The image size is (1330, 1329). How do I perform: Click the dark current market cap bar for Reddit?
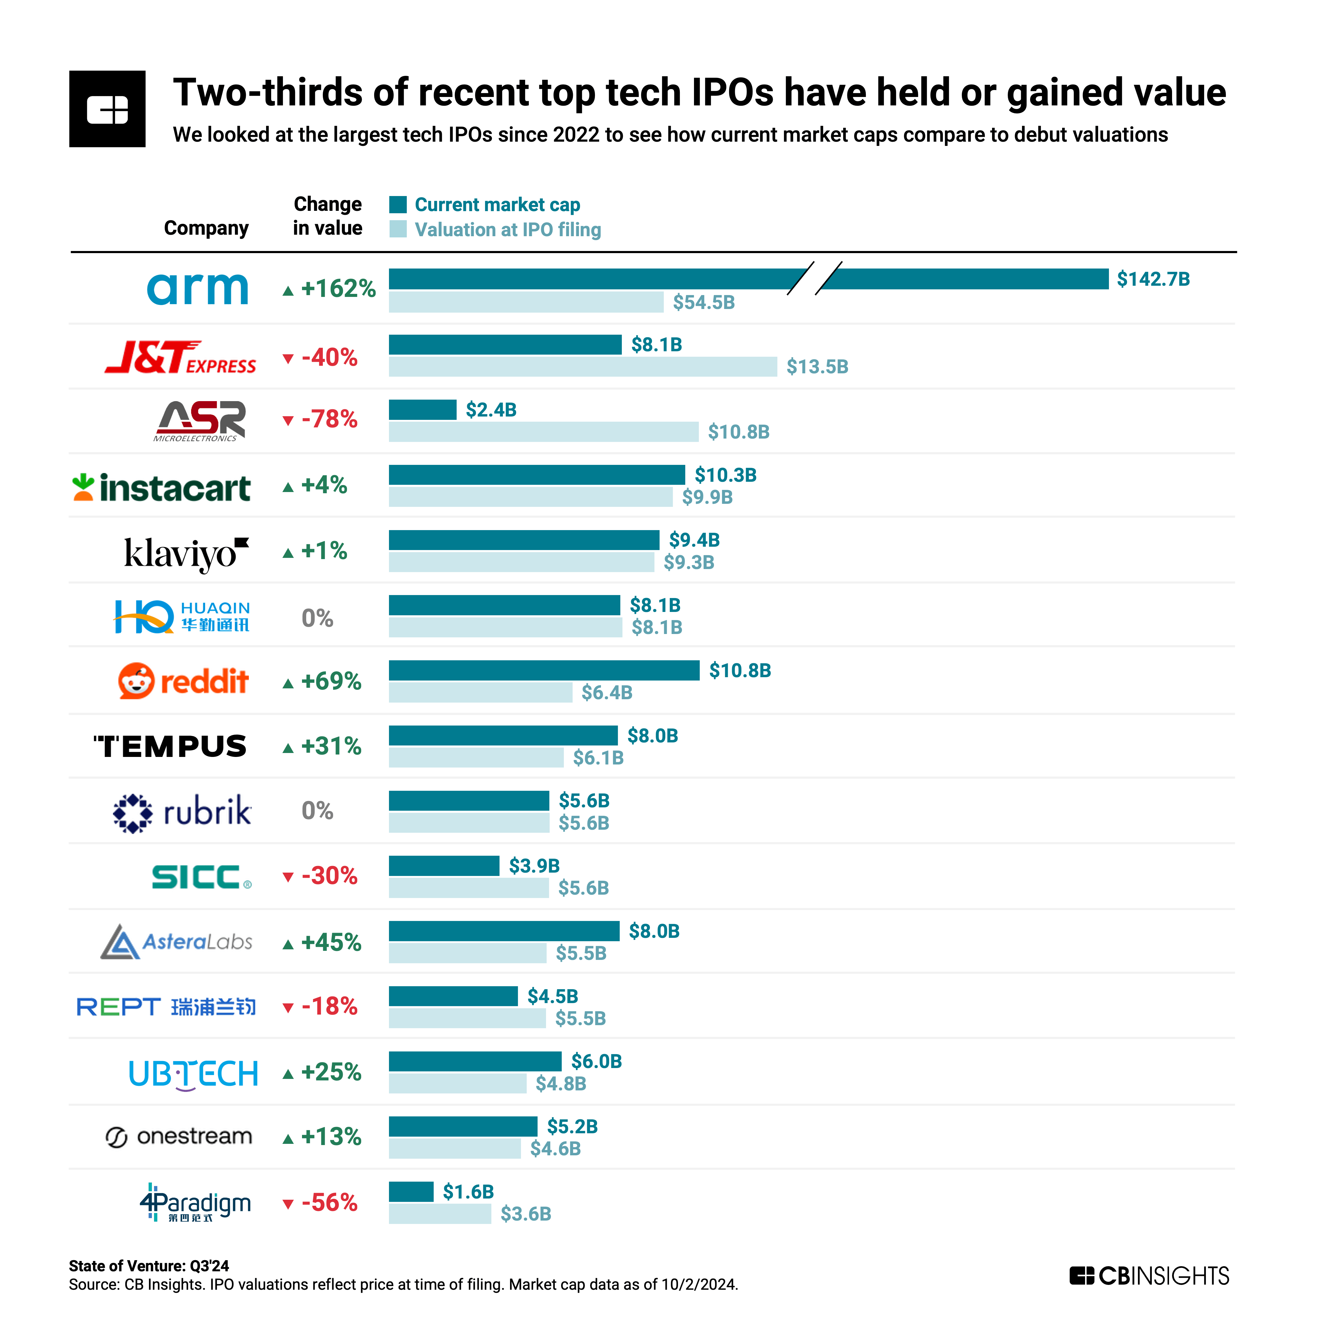[544, 670]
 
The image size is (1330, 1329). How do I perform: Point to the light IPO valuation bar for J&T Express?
[582, 366]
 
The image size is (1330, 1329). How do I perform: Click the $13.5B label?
[817, 366]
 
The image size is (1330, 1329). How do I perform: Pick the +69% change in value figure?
[331, 681]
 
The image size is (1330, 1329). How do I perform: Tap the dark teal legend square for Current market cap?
[398, 204]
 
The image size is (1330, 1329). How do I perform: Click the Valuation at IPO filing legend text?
[507, 229]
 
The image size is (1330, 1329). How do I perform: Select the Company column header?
[206, 228]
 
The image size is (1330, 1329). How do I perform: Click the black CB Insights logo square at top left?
[108, 109]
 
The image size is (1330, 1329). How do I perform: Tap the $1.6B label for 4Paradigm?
[468, 1191]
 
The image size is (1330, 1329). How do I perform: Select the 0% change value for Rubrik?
[317, 810]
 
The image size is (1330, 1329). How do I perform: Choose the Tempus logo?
[170, 746]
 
